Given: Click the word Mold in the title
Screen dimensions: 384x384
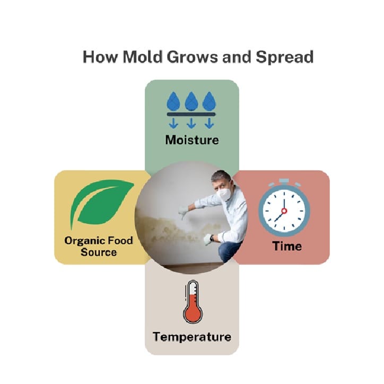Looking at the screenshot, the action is click(142, 57).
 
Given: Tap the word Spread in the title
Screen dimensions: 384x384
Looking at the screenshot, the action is click(285, 57).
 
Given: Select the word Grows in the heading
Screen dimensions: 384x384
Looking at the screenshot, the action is click(192, 57).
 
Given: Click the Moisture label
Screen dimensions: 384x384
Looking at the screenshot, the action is click(192, 140).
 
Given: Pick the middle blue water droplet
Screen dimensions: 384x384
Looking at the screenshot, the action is click(191, 101).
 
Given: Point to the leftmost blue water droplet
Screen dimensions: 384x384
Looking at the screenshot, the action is click(173, 101).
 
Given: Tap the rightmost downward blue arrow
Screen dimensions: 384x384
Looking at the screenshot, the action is click(209, 123).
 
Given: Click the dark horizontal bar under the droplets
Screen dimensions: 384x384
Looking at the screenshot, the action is click(191, 114).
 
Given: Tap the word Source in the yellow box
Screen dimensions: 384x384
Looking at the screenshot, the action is click(99, 252).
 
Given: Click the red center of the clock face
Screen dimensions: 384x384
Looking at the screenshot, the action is click(284, 211).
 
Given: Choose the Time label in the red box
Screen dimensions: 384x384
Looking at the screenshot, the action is click(287, 246).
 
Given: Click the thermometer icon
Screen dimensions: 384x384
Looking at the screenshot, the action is click(193, 302).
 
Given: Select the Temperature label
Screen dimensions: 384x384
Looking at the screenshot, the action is click(192, 337).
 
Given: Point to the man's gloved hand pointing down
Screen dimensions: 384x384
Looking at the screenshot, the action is click(182, 213).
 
